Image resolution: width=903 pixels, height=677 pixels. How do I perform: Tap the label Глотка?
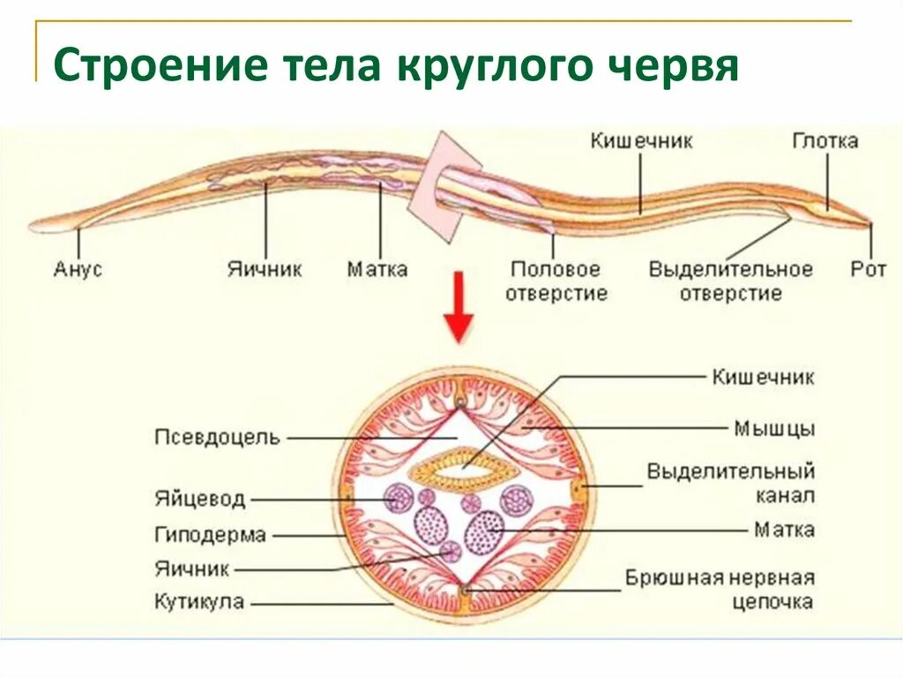(825, 141)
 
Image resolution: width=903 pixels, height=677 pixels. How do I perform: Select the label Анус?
(78, 269)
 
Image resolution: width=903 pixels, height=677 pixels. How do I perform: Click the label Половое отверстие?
(556, 281)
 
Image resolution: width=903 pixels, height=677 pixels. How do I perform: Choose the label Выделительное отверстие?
(730, 281)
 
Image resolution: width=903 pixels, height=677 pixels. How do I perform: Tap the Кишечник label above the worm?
(641, 141)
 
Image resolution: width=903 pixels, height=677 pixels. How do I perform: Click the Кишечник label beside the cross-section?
(763, 378)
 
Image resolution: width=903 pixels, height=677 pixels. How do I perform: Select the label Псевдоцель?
(217, 437)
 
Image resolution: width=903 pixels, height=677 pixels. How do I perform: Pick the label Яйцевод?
(199, 500)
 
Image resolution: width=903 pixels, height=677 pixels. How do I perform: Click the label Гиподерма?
(210, 535)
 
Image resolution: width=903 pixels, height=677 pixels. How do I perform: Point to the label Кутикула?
(199, 604)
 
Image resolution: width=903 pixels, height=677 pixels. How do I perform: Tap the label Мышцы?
(774, 429)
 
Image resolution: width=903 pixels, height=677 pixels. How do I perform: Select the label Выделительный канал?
(730, 483)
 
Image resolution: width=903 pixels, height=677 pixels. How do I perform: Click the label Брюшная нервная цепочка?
(720, 590)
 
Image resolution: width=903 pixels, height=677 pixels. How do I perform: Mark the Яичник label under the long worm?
(265, 269)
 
